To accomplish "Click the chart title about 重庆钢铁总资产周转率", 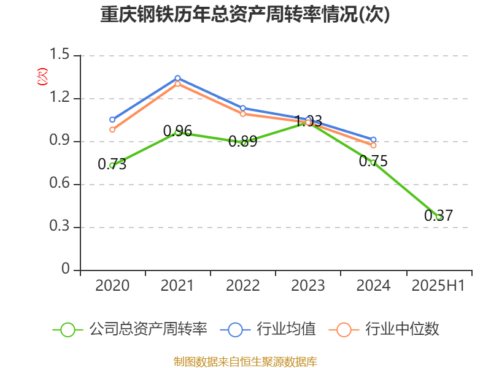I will pos(245,15).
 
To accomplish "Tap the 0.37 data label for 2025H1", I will pos(438,216).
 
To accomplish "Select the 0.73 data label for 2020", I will pos(112,164).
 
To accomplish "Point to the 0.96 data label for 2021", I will pos(177,131).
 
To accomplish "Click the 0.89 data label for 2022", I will pos(242,142).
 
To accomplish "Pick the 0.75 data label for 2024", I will pos(373,161).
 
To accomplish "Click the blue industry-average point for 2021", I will pos(177,78).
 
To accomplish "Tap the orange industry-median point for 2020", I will pos(112,129).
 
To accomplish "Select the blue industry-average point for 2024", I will pos(373,140).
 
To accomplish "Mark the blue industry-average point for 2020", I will pos(112,120).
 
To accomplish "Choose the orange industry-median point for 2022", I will pos(243,114).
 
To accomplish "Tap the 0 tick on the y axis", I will pos(66,270).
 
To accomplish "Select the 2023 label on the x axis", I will pos(308,286).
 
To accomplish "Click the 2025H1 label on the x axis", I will pos(438,286).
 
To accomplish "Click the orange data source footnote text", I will pos(245,361).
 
